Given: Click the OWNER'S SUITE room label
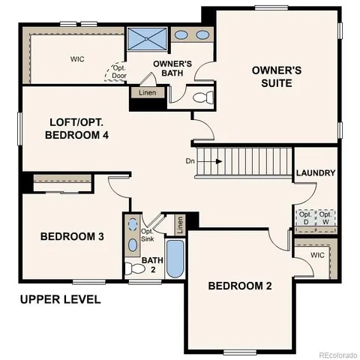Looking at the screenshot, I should click(276, 77).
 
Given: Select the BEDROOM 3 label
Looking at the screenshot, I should click(72, 236).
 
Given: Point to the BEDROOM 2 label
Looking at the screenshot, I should click(239, 285).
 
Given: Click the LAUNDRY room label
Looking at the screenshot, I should click(315, 173).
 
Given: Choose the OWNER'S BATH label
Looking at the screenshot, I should click(174, 68).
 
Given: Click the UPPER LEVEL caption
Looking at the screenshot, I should click(60, 299).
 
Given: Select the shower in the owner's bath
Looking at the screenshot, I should click(145, 38).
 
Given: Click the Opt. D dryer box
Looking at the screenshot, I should click(305, 217).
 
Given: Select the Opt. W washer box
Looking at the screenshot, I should click(325, 217).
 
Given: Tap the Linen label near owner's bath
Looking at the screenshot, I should click(147, 93).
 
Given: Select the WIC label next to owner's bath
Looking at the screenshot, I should click(77, 58).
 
